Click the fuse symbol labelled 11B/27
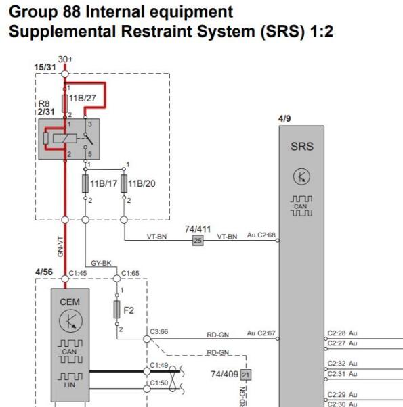pos(65,103)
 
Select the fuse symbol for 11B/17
pos(85,183)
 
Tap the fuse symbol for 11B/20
pos(124,183)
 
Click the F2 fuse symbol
pos(117,310)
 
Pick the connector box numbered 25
pos(198,241)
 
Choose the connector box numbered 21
pos(246,375)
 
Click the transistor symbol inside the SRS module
pos(301,176)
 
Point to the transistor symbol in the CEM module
pos(70,321)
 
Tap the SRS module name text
pos(302,147)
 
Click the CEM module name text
pos(70,302)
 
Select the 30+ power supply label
pos(65,59)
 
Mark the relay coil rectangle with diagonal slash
pos(65,139)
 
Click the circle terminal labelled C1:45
pos(65,279)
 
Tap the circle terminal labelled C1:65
pos(117,279)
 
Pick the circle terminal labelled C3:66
pos(147,339)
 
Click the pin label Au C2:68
pos(261,235)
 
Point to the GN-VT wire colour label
pos(60,247)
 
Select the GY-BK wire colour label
pos(101,263)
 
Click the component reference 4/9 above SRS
pos(284,118)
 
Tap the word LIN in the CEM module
pos(69,385)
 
